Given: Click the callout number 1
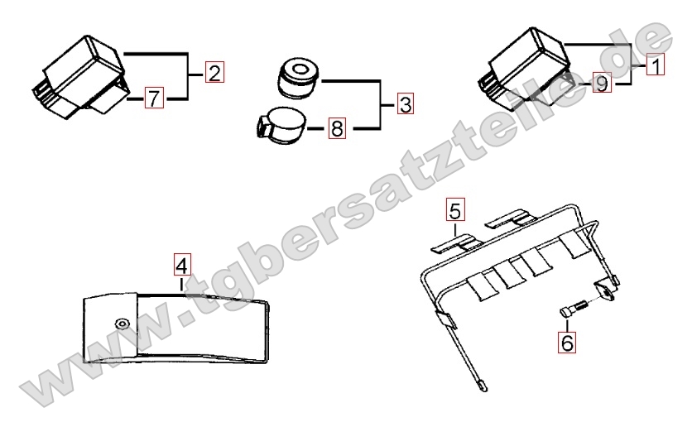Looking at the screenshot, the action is click(656, 65).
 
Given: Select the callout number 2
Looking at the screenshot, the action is click(214, 72).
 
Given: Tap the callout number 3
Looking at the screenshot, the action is click(406, 104).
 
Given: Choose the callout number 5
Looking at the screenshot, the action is click(455, 210).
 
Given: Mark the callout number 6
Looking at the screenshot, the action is click(567, 343).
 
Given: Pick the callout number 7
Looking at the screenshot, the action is click(154, 98).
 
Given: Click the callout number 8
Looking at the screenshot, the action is click(337, 128).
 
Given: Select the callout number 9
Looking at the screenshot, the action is click(602, 83).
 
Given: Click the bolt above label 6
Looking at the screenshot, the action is click(574, 307).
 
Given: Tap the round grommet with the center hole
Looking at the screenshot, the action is click(298, 76).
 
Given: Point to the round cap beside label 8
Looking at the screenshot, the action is click(281, 126).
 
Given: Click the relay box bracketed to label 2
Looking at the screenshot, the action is click(80, 77).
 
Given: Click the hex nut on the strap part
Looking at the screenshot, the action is click(121, 323).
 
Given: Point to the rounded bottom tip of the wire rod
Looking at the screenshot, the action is click(484, 388).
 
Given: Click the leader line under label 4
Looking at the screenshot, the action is click(181, 284).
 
